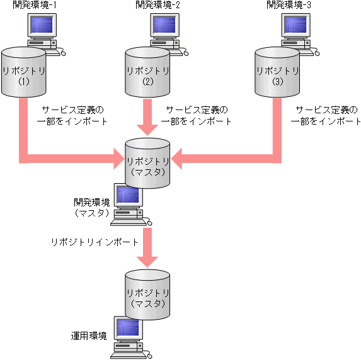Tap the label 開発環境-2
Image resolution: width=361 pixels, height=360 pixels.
(158, 5)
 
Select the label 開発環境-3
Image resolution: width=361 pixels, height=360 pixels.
(289, 5)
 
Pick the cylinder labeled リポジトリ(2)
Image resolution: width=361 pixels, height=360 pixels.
(148, 71)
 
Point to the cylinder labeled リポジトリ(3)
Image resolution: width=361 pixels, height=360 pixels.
(277, 71)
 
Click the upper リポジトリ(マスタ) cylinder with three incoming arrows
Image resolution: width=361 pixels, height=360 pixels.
(148, 162)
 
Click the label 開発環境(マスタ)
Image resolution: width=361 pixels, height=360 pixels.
(92, 208)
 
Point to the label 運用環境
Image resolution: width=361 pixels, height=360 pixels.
(88, 337)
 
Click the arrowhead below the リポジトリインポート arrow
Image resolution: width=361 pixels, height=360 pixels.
(148, 259)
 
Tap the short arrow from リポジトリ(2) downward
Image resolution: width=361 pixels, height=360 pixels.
(148, 116)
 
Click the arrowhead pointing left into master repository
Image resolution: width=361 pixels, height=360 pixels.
(180, 157)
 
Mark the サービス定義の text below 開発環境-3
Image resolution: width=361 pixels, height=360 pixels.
(326, 110)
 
